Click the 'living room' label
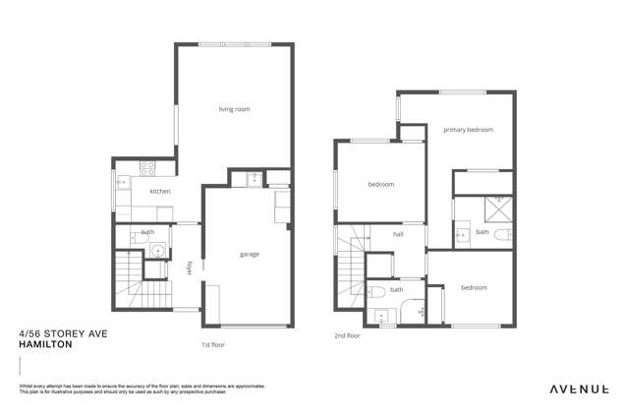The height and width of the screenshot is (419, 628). click(234, 109)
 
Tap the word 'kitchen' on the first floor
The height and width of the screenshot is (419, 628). click(160, 191)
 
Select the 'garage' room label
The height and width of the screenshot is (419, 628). click(250, 254)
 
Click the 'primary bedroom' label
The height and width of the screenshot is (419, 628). click(468, 130)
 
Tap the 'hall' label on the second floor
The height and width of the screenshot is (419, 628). click(399, 234)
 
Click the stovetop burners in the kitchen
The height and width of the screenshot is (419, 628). click(146, 167)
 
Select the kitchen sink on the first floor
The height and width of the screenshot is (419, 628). click(120, 182)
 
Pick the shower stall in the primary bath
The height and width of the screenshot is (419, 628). click(500, 208)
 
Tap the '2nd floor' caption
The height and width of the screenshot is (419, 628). click(347, 336)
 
